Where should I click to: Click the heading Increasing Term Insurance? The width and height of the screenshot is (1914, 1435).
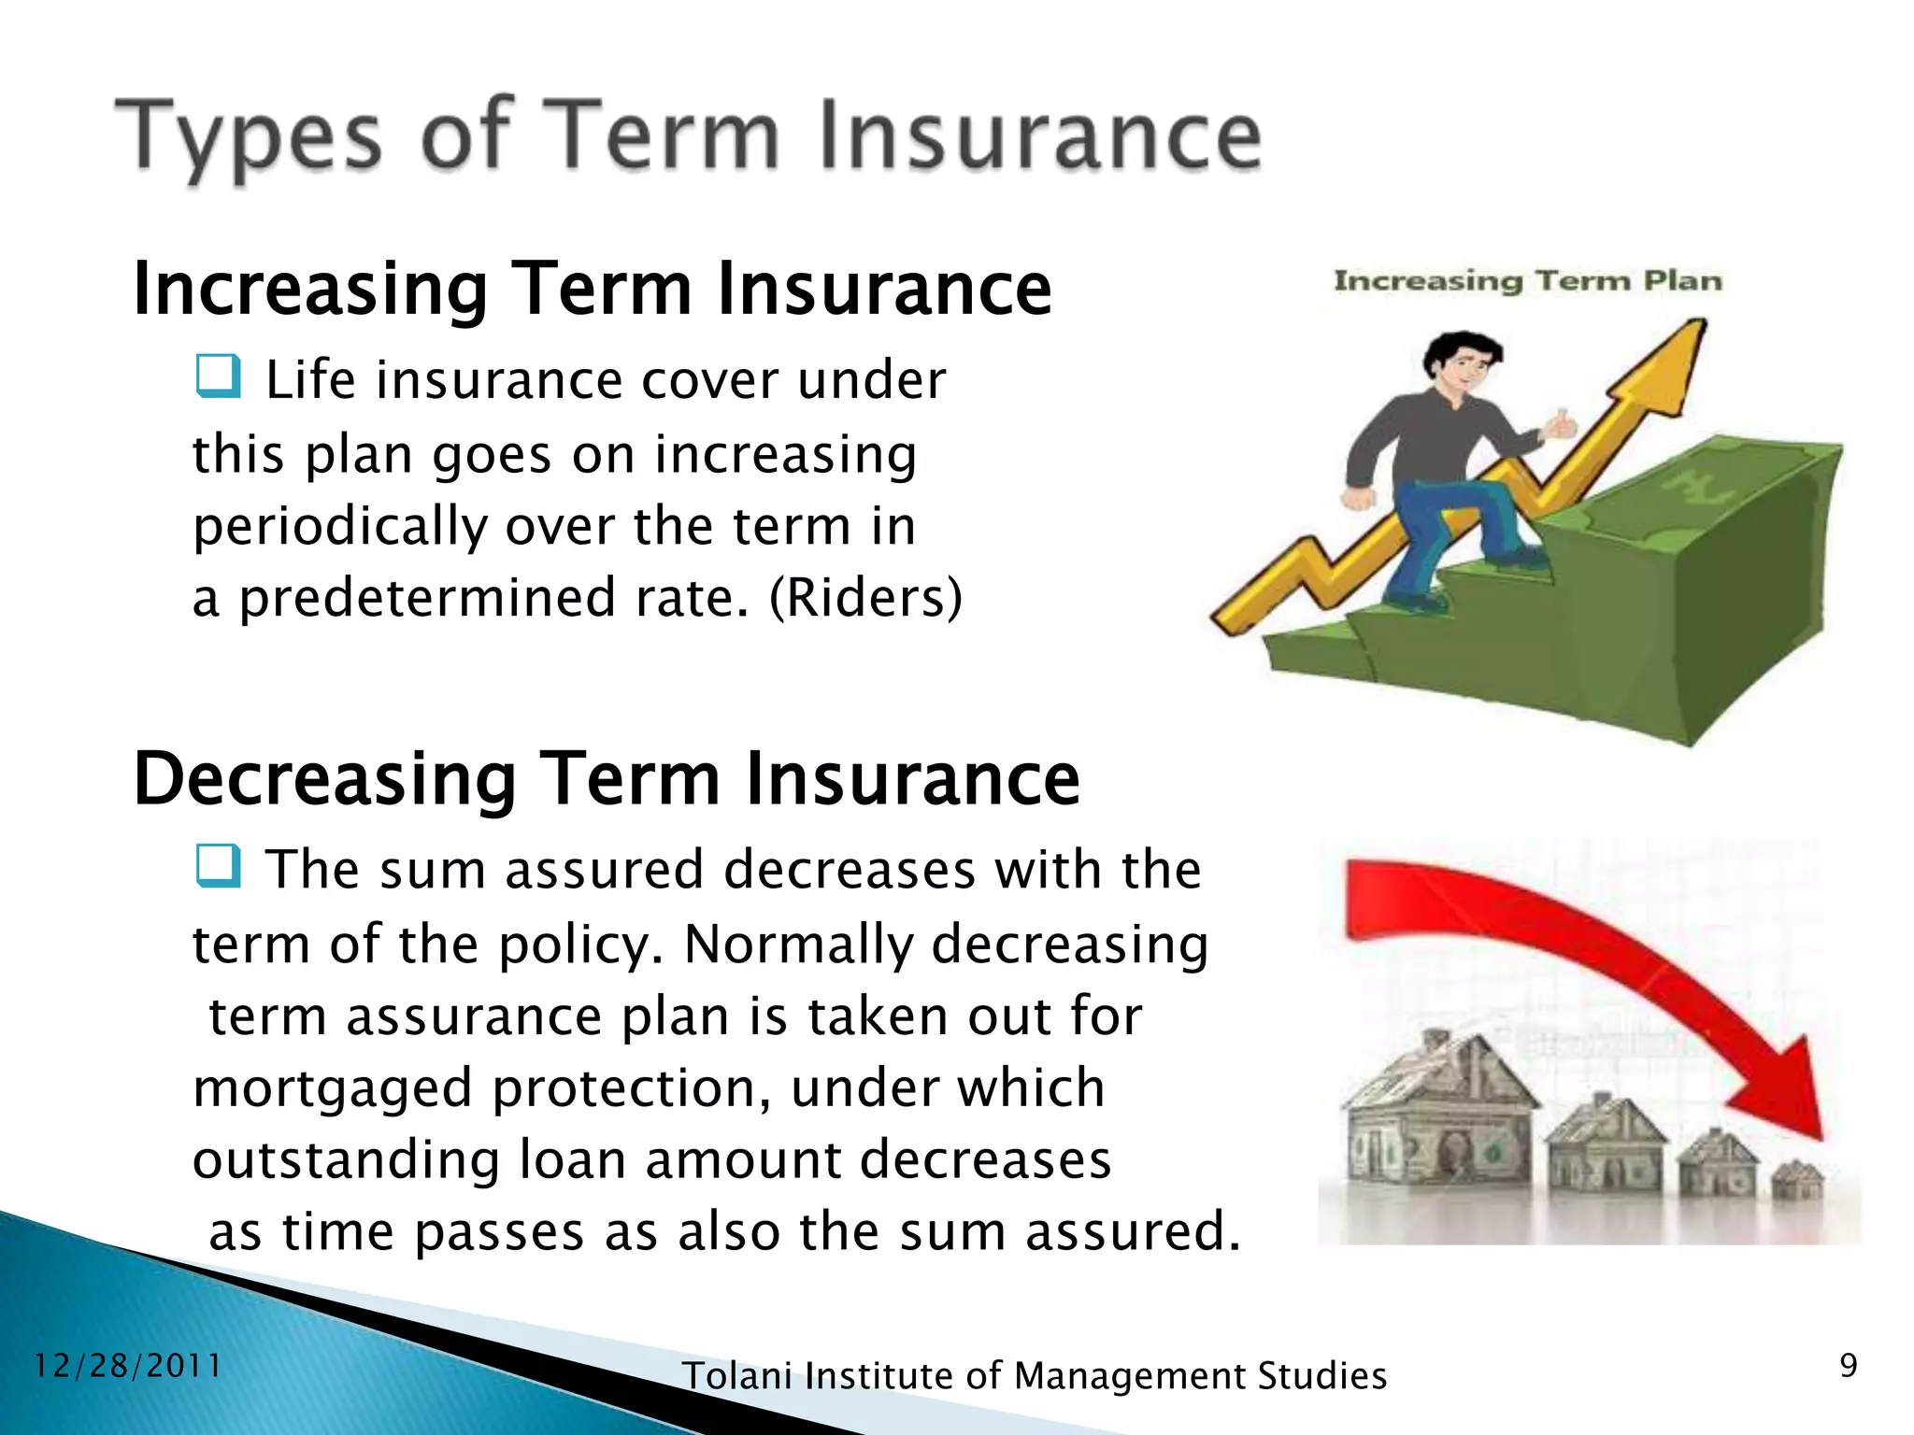click(593, 289)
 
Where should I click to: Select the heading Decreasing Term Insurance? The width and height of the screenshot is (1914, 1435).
click(607, 778)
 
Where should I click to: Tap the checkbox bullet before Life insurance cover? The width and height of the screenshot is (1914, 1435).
click(219, 377)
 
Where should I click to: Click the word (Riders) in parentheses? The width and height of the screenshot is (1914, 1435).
click(864, 598)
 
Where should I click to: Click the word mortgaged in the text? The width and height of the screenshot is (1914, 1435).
click(333, 1088)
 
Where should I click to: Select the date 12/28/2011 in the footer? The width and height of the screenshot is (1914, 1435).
click(127, 1366)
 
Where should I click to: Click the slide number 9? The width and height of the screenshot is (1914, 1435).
click(1848, 1366)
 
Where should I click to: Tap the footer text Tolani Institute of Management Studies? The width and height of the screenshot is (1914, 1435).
click(1034, 1376)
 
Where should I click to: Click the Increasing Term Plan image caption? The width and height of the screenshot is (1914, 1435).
click(1527, 280)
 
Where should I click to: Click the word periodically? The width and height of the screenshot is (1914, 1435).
click(340, 526)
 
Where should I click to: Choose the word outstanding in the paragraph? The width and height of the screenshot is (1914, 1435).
click(346, 1160)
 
